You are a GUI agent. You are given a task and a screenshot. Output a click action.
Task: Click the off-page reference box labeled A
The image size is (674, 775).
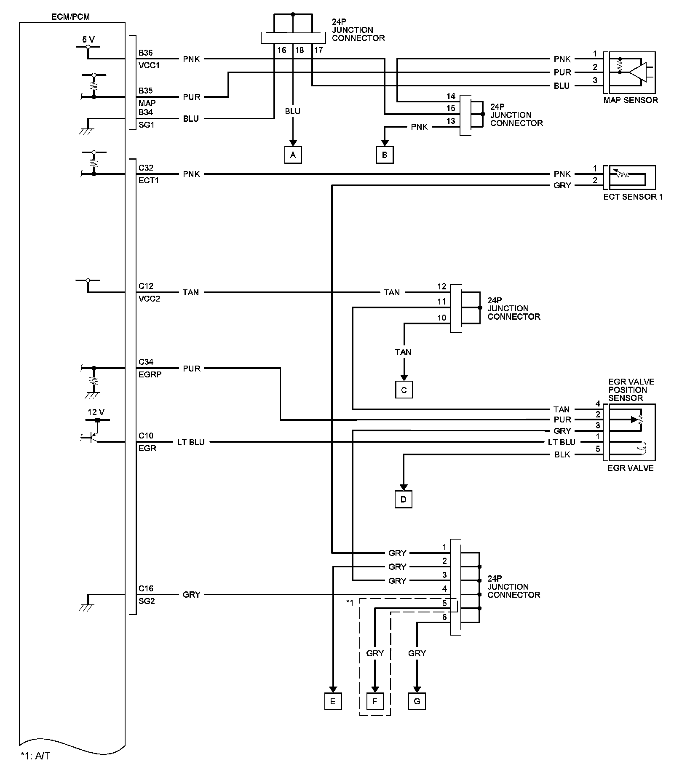(293, 155)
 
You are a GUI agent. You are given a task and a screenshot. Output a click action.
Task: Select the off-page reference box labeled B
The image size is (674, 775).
(385, 155)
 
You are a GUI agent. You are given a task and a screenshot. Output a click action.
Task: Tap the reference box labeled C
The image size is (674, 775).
(404, 390)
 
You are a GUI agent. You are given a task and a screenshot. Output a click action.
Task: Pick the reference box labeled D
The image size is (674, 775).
(404, 500)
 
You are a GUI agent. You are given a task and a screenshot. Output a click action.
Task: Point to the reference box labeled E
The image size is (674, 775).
(333, 702)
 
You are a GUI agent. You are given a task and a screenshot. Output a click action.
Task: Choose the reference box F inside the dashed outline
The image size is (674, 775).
(375, 702)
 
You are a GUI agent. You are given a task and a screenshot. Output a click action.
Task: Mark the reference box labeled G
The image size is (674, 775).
(417, 702)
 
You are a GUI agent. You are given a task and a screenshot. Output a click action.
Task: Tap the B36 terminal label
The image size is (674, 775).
(146, 53)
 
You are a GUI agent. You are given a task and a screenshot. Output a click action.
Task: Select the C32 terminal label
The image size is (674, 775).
(146, 168)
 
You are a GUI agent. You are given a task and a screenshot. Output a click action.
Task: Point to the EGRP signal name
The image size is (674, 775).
(150, 374)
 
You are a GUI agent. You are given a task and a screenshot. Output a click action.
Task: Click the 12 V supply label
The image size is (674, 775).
(96, 412)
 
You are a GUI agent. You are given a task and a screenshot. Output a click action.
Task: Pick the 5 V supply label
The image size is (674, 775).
(88, 40)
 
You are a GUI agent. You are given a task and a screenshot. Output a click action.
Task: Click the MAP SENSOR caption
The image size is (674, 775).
(631, 100)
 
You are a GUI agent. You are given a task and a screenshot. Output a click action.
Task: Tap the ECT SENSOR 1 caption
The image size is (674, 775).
(633, 197)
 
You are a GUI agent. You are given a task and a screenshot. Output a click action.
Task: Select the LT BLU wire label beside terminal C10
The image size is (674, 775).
(191, 442)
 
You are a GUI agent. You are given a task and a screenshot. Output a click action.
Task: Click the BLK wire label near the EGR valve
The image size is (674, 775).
(562, 455)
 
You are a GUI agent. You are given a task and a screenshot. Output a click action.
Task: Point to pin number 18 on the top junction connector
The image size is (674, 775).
(299, 51)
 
